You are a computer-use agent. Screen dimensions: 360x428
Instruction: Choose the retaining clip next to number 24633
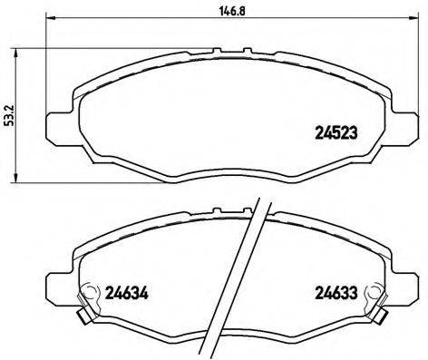click(x=368, y=296)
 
